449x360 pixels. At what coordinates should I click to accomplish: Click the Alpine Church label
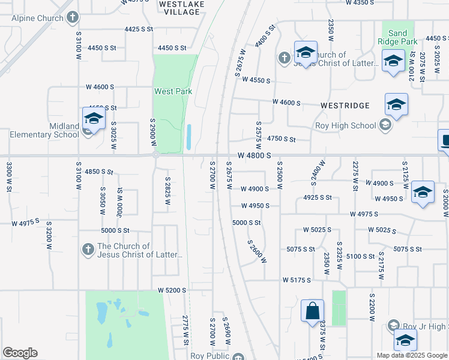pos(37,18)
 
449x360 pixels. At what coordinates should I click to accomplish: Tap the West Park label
pos(173,91)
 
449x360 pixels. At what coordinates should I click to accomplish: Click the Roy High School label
pos(345,126)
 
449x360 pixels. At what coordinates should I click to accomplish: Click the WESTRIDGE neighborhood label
pos(345,105)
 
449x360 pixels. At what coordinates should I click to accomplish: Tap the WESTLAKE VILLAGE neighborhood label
pos(181,7)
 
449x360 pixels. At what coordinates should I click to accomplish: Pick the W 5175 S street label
pos(297,280)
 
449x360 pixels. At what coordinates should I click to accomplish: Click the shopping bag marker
pos(312,311)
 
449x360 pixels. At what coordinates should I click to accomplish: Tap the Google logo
pos(20,353)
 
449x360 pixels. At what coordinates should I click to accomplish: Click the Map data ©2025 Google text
pos(412,355)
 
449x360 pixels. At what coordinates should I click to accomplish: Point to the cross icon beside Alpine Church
pos(72,17)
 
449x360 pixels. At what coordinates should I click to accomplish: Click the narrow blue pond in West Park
pos(189,137)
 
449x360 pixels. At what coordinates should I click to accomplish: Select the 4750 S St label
pos(282,139)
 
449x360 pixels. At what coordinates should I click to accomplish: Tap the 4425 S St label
pos(139,29)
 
